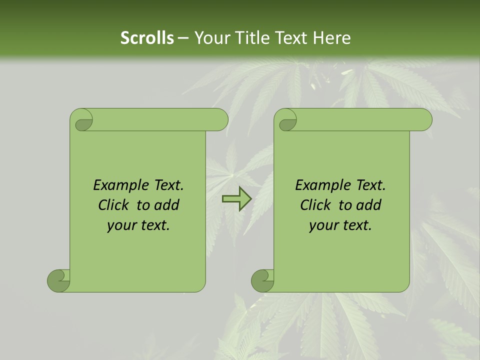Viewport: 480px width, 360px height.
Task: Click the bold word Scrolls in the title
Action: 147,38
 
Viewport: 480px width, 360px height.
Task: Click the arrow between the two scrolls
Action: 236,199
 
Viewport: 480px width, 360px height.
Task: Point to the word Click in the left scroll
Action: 115,205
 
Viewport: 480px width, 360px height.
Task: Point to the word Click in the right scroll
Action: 317,205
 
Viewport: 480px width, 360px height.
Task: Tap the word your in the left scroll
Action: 121,225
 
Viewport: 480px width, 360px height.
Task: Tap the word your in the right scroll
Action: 323,225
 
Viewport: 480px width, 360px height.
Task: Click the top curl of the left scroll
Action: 82,120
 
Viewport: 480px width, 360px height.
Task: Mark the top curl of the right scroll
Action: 286,120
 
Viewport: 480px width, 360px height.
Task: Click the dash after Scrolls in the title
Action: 183,38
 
